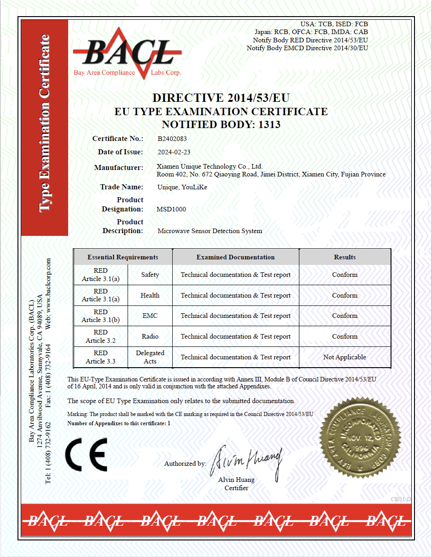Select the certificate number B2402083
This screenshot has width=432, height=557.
pyautogui.click(x=172, y=138)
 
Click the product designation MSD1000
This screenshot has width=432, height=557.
pyautogui.click(x=171, y=209)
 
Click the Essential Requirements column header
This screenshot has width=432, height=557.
pyautogui.click(x=123, y=257)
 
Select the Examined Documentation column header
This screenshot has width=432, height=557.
pyautogui.click(x=235, y=257)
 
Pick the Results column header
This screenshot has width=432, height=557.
pyautogui.click(x=344, y=257)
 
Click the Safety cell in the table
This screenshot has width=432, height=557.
pyautogui.click(x=150, y=275)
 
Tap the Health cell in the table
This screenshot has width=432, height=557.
pyautogui.click(x=150, y=295)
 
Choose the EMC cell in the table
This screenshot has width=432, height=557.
pyautogui.click(x=150, y=316)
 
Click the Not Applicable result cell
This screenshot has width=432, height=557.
pyautogui.click(x=344, y=357)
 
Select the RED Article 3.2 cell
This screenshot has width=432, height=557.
pyautogui.click(x=100, y=336)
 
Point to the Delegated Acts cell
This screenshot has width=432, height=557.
pyautogui.click(x=150, y=357)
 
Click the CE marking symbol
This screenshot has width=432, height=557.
pyautogui.click(x=86, y=454)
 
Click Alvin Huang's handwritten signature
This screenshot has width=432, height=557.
pyautogui.click(x=245, y=461)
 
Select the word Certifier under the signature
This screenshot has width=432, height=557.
pyautogui.click(x=236, y=488)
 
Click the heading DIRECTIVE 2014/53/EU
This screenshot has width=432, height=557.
pyautogui.click(x=221, y=98)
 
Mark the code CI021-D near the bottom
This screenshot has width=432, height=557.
pyautogui.click(x=400, y=499)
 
